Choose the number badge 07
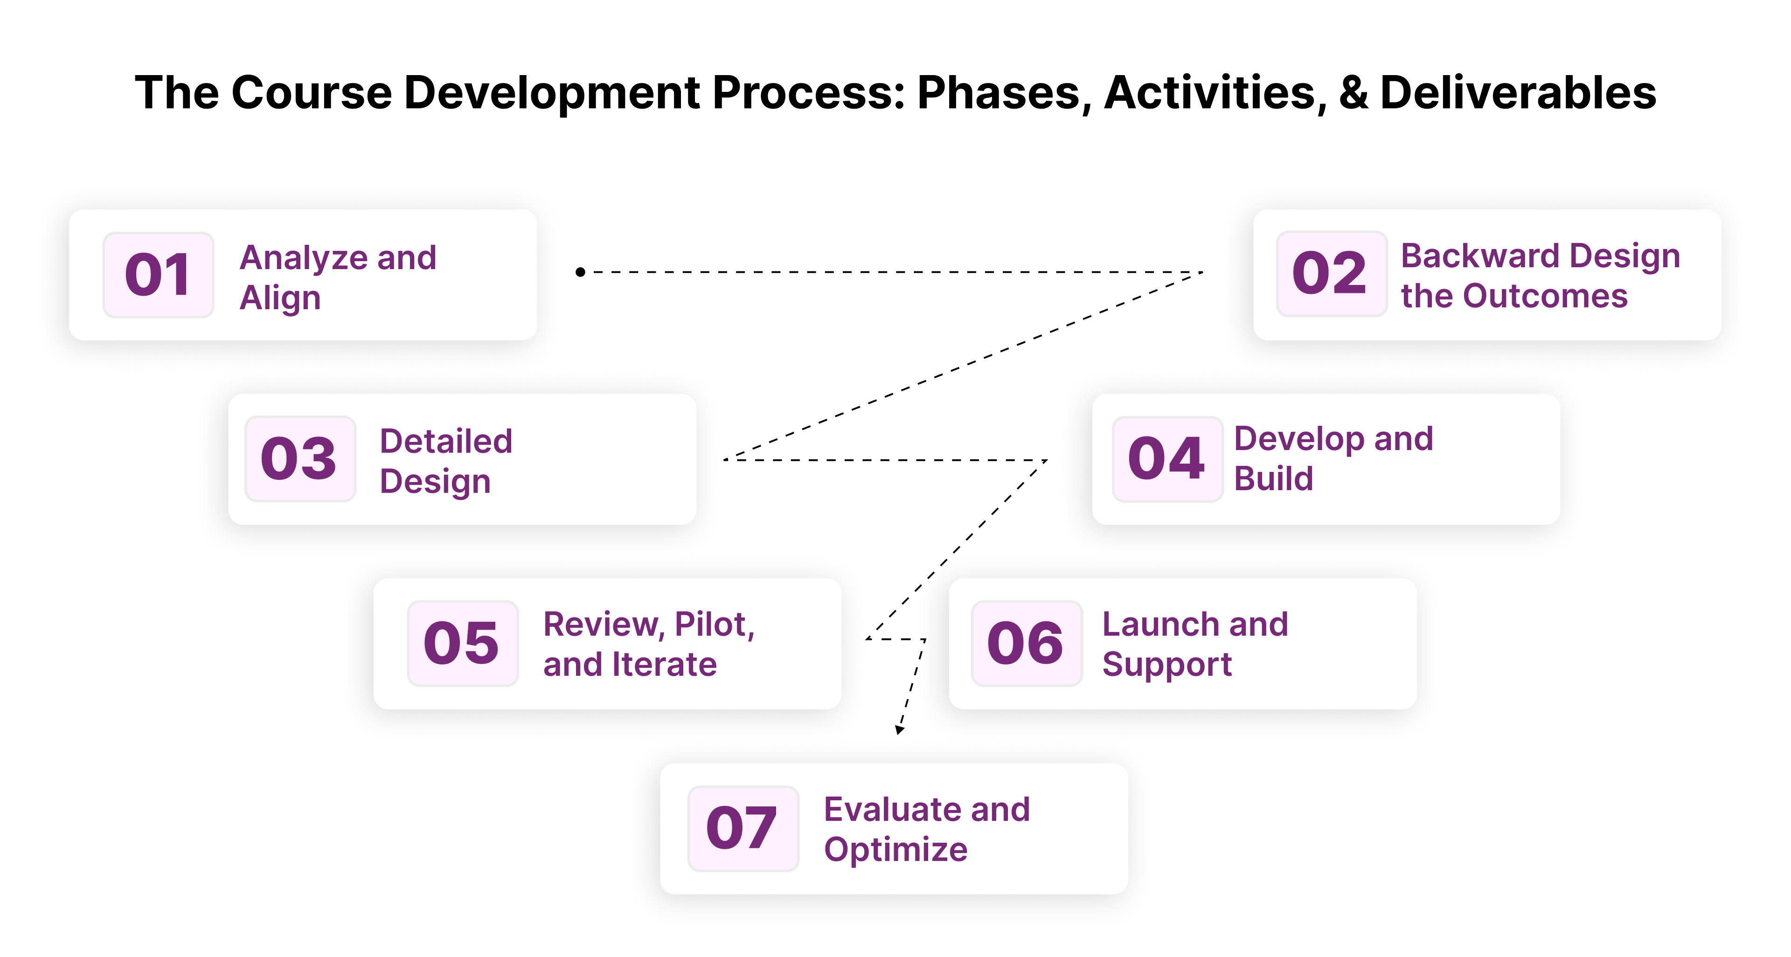click(x=743, y=828)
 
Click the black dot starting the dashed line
click(x=580, y=272)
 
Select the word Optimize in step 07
click(x=895, y=850)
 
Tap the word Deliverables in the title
click(x=1518, y=93)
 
